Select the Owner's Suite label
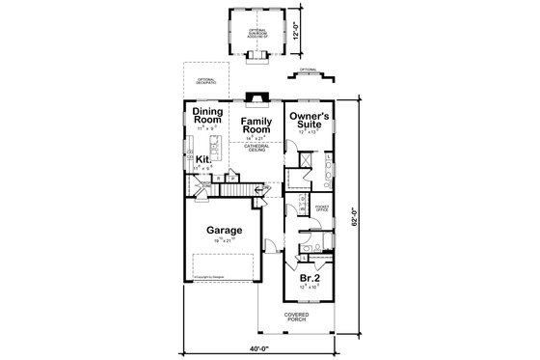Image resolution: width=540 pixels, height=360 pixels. (x=310, y=120)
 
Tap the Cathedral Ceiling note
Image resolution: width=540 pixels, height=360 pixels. (x=256, y=148)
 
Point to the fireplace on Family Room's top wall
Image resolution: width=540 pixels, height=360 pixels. (x=255, y=97)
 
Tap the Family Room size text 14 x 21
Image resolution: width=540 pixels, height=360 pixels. (x=256, y=138)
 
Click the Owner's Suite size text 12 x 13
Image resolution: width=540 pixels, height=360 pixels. (x=310, y=133)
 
